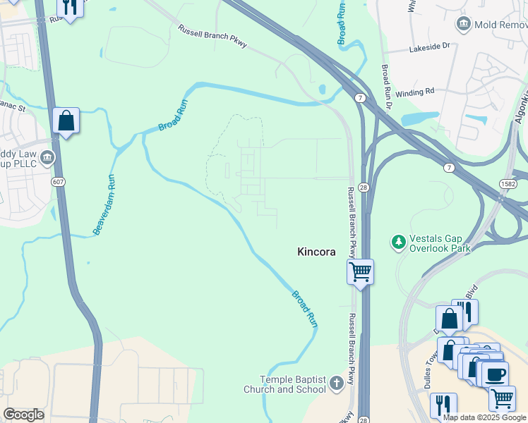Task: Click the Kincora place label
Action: pyautogui.click(x=316, y=252)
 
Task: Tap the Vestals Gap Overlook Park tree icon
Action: pyautogui.click(x=399, y=243)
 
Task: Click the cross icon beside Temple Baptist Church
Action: pyautogui.click(x=337, y=384)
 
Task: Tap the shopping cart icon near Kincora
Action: pyautogui.click(x=360, y=271)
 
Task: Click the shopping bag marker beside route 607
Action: pyautogui.click(x=66, y=121)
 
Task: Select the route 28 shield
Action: pyautogui.click(x=361, y=187)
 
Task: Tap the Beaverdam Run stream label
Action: pyautogui.click(x=103, y=204)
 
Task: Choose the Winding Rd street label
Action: pyautogui.click(x=419, y=91)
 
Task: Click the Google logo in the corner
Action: pyautogui.click(x=23, y=415)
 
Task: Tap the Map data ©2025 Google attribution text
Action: pyautogui.click(x=484, y=417)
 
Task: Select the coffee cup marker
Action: pyautogui.click(x=493, y=373)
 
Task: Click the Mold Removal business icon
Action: pyautogui.click(x=464, y=25)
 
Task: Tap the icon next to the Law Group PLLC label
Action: pyautogui.click(x=48, y=157)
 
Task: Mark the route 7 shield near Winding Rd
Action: pyautogui.click(x=361, y=97)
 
